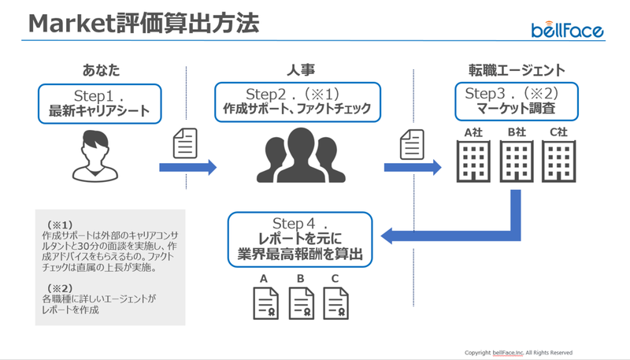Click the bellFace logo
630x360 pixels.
[567, 30]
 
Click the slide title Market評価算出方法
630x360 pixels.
[144, 24]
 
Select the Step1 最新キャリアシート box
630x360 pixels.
[100, 104]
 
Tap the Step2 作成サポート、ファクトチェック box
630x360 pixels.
[298, 102]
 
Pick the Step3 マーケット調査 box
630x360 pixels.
[517, 102]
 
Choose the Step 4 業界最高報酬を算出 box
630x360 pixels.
[300, 239]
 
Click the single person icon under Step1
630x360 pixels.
[95, 156]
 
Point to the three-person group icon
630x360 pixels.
[301, 155]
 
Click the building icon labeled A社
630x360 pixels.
[473, 161]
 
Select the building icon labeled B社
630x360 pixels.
[517, 161]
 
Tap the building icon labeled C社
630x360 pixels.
[558, 161]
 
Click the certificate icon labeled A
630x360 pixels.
[265, 303]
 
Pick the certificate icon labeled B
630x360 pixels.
[302, 303]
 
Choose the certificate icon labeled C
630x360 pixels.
[336, 303]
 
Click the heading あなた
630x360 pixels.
[102, 70]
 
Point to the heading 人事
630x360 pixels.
[301, 70]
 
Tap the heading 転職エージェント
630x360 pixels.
[517, 70]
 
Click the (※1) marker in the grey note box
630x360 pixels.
[60, 225]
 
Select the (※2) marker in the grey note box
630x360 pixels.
[60, 288]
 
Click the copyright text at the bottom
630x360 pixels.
[518, 353]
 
